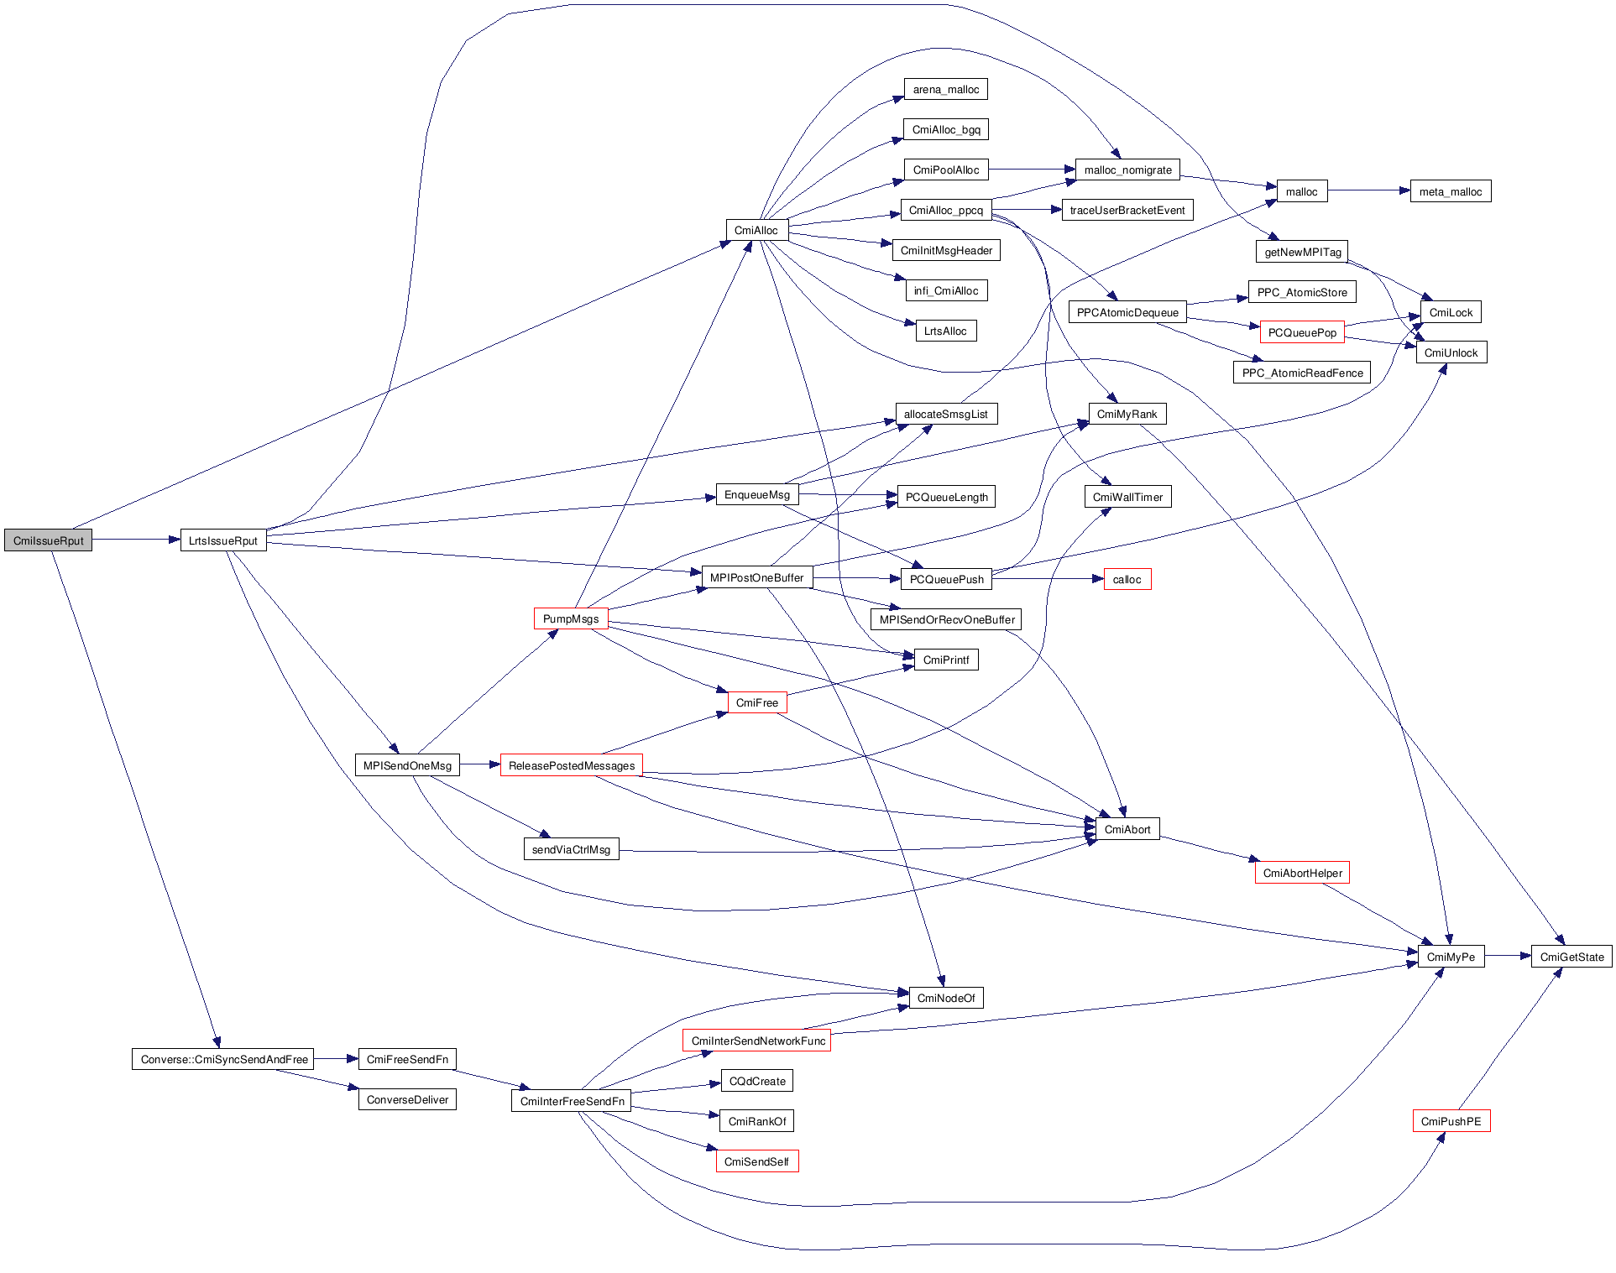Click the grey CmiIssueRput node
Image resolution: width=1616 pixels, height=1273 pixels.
[48, 540]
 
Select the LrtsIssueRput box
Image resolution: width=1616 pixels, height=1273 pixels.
[223, 540]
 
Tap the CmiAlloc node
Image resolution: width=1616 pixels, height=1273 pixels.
[756, 230]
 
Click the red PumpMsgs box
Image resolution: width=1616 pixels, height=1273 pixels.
[571, 618]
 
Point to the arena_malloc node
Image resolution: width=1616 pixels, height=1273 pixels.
[945, 90]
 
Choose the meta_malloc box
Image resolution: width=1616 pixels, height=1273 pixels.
[1450, 191]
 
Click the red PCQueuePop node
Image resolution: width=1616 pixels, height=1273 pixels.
[1302, 332]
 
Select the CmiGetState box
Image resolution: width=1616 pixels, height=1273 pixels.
[1572, 957]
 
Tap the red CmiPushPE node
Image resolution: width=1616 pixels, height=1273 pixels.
[1451, 1121]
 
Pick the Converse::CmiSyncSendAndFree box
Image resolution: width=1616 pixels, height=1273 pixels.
[223, 1059]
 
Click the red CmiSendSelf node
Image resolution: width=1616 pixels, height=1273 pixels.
[756, 1161]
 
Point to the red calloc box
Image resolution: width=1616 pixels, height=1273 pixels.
[1127, 579]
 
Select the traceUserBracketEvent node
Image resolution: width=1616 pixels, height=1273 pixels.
[1127, 210]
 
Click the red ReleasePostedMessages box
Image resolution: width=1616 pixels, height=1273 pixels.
[571, 765]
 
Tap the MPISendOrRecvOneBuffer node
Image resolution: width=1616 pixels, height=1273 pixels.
[946, 619]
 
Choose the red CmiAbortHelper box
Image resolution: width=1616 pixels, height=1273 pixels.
[1302, 873]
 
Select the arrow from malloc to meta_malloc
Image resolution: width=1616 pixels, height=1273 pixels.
[1368, 190]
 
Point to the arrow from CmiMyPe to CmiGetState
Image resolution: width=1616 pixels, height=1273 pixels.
[1508, 956]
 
